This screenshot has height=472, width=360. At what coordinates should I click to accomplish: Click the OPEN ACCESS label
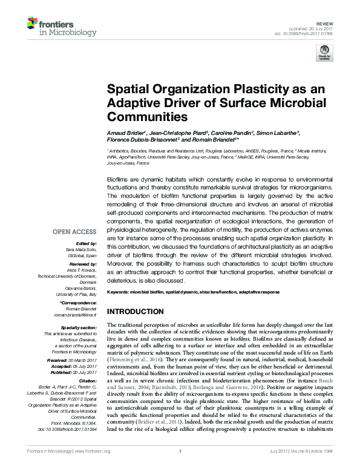click(x=75, y=232)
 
